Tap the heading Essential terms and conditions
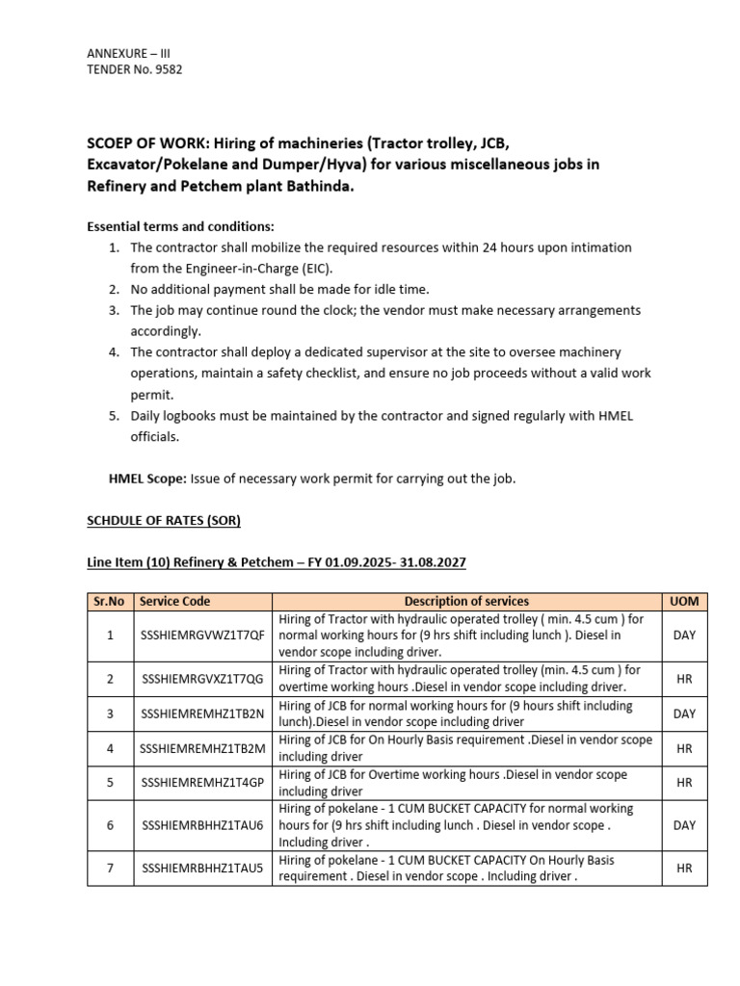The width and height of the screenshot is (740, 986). coord(181,227)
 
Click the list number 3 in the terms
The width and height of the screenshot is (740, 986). coord(113,310)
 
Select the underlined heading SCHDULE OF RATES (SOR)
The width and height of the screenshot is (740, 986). coord(164,520)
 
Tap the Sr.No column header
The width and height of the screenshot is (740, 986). coord(110,601)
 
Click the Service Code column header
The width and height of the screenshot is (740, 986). coord(174,601)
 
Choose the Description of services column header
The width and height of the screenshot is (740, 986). coord(466,601)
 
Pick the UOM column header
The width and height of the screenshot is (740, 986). coord(684,601)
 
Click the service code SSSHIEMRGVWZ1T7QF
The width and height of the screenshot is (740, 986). coord(202,636)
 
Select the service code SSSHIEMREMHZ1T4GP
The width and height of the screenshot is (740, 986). coord(202,783)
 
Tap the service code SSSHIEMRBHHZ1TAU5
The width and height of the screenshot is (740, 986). coord(202,868)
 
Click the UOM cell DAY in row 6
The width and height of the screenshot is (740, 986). coord(684,825)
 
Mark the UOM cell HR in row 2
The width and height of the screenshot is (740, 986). coord(684,679)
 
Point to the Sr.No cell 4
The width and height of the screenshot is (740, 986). coord(110,748)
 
